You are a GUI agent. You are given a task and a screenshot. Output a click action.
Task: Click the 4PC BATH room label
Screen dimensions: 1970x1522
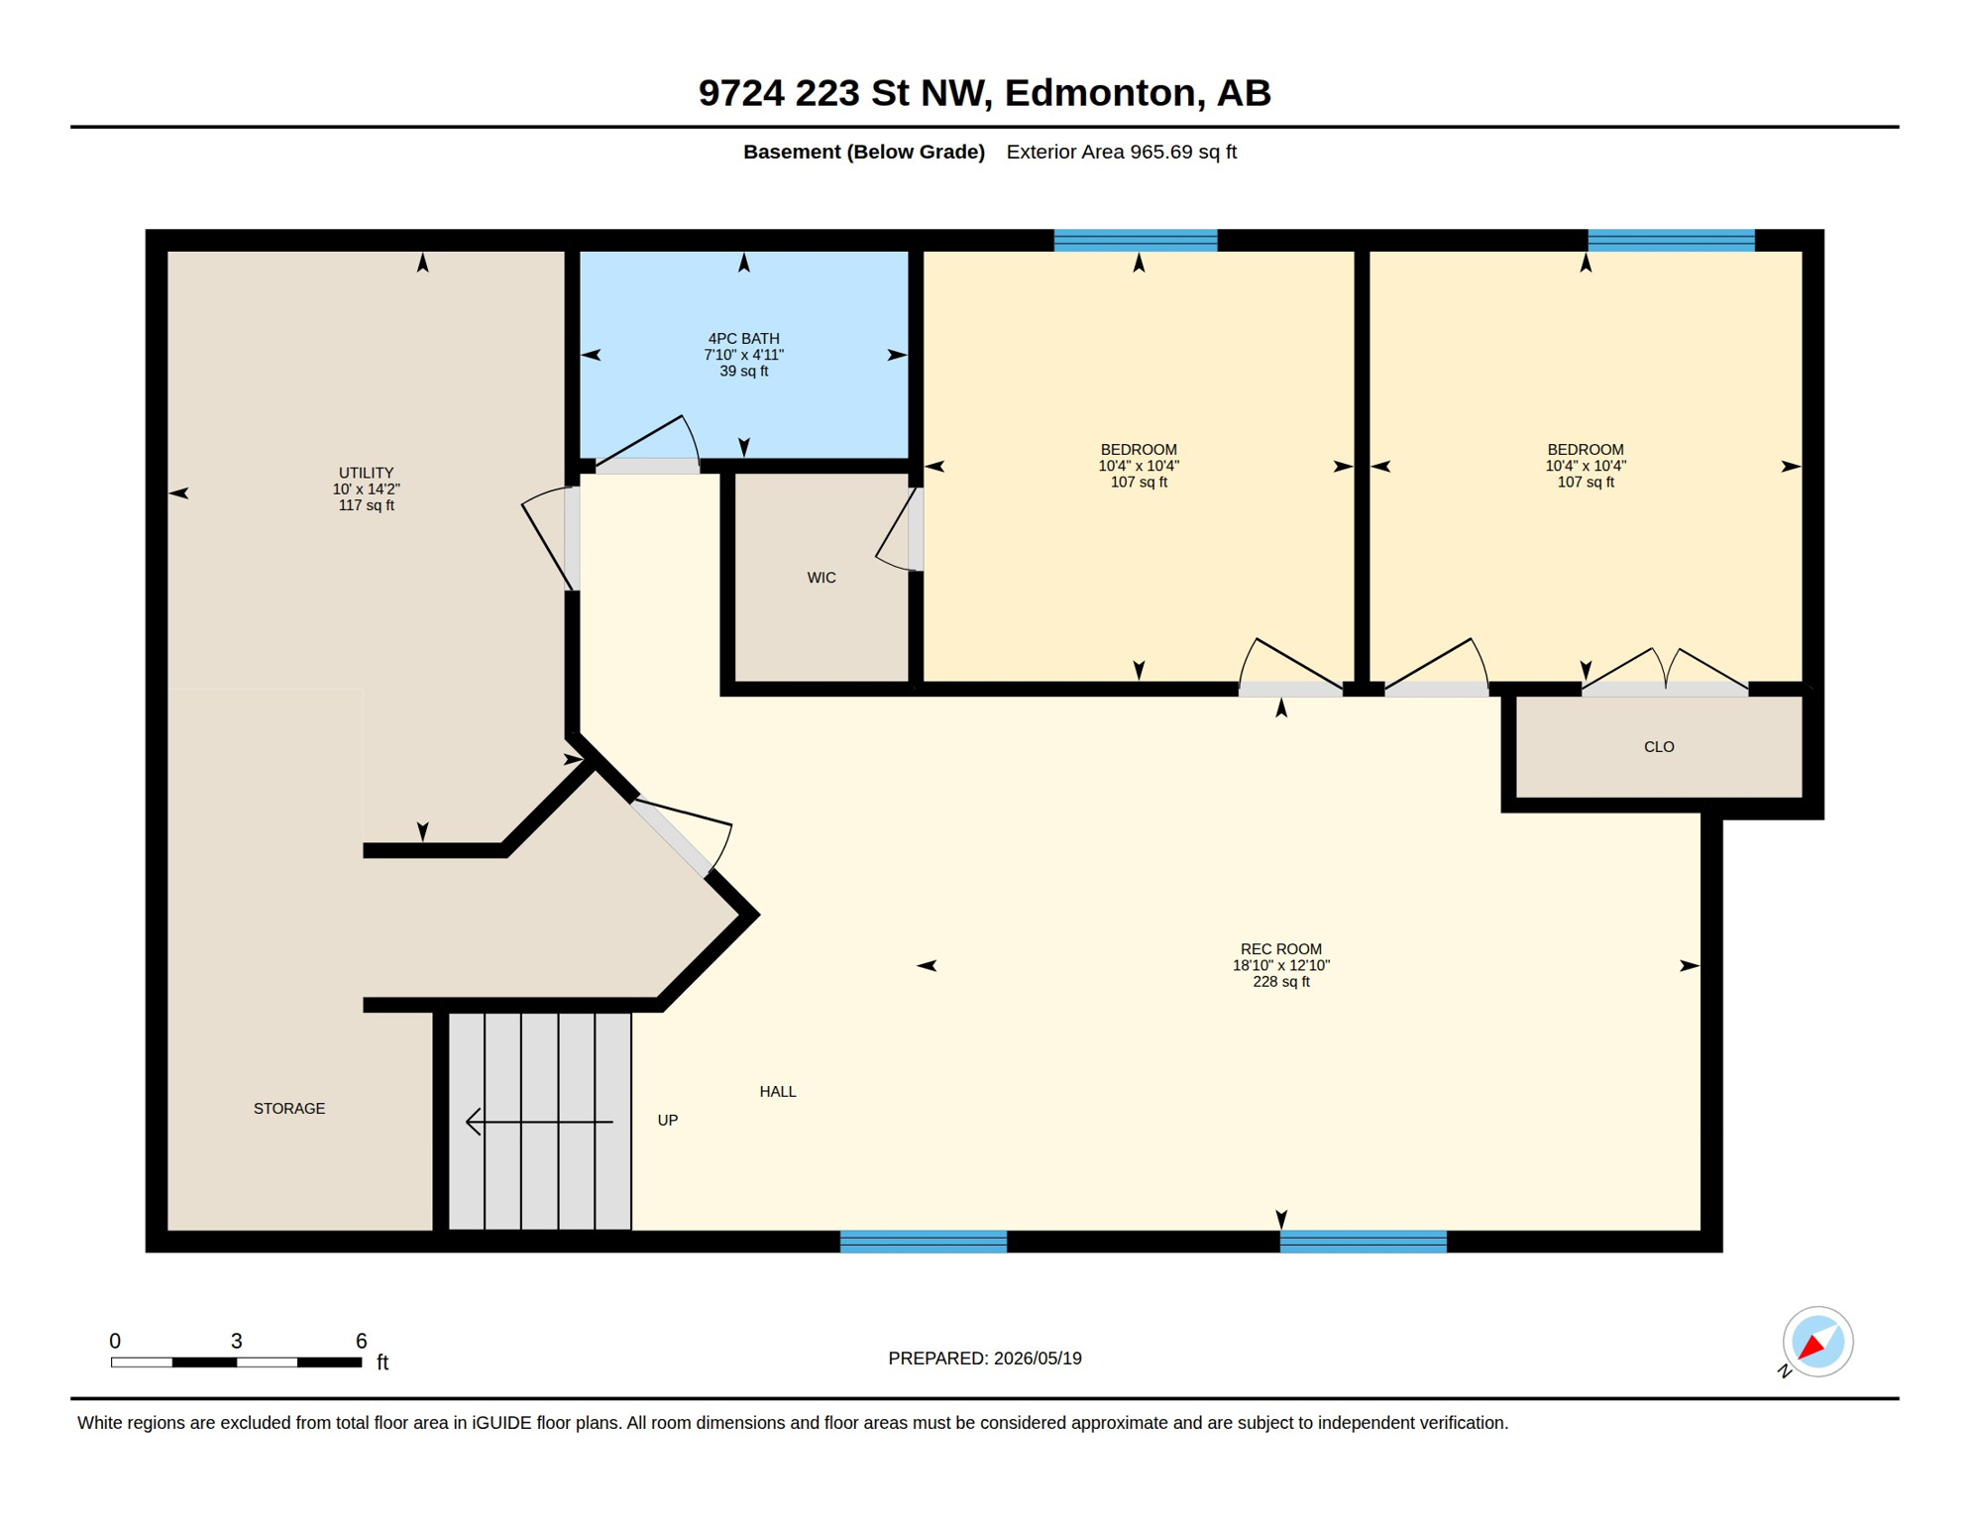743,339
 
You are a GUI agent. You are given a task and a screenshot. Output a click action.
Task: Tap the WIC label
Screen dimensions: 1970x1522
821,578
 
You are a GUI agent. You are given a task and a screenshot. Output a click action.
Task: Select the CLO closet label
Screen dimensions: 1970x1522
1659,747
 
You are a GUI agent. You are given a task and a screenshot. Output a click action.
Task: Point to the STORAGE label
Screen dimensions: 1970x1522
289,1109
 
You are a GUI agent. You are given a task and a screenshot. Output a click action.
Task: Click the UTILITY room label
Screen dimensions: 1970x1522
367,473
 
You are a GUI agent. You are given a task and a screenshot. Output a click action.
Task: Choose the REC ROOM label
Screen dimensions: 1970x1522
1281,949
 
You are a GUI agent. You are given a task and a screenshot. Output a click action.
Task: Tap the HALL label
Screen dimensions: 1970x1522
778,1092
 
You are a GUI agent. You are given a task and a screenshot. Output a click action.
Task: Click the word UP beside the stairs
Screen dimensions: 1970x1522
668,1121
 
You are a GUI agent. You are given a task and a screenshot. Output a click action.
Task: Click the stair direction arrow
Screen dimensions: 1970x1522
539,1122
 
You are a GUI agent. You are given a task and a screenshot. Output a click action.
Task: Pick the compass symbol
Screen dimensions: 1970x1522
1816,1343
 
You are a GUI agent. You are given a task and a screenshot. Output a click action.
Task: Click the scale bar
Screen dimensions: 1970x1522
236,1362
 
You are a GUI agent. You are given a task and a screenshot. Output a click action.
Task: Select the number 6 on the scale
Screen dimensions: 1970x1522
362,1341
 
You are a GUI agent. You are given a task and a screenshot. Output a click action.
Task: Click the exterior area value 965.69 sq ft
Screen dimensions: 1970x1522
1183,152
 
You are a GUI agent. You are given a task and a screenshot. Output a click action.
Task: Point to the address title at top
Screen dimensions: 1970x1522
985,92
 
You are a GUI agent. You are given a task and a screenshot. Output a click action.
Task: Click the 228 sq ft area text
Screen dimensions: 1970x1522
1281,982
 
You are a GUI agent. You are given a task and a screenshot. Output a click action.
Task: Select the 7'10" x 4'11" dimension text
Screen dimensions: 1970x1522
743,355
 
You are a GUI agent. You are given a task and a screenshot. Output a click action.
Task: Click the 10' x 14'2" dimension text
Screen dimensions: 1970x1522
367,489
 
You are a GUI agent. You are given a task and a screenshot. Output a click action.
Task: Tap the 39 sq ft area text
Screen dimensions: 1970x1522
743,372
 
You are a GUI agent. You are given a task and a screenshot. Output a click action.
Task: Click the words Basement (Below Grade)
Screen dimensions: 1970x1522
864,152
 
